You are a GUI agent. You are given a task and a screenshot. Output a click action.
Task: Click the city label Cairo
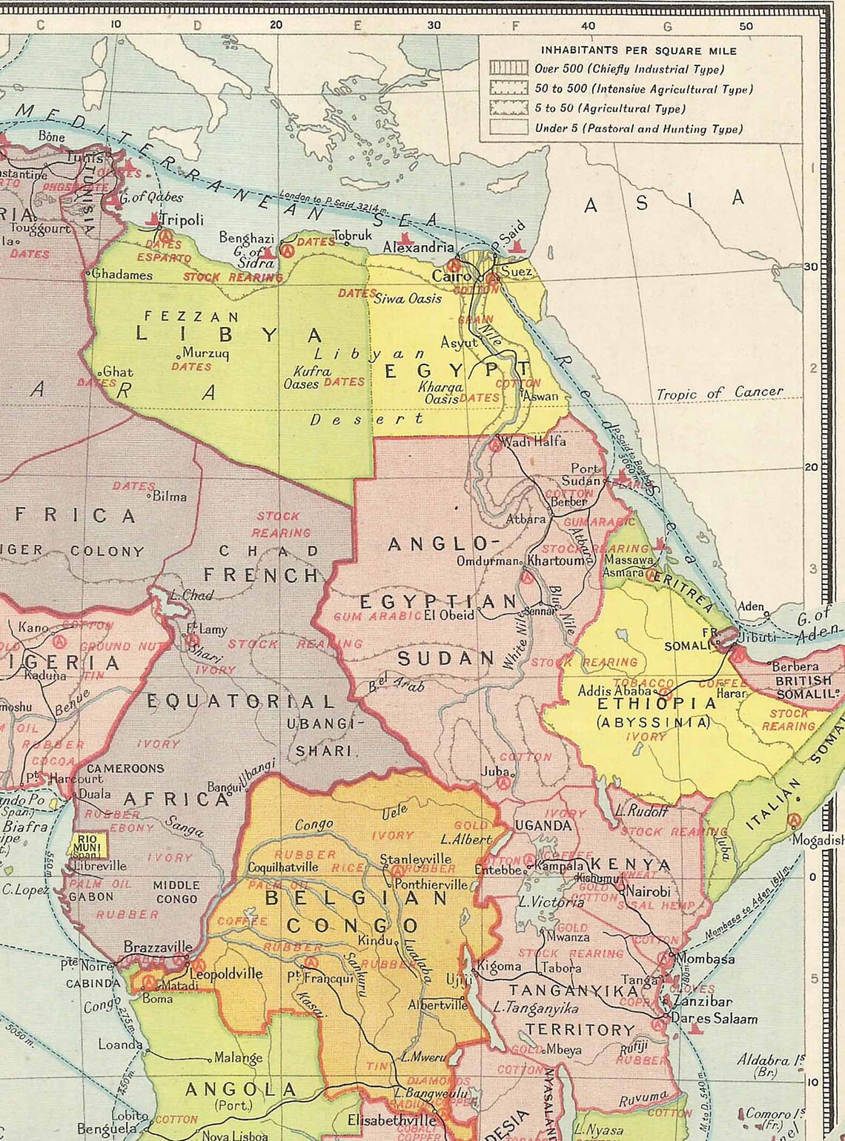pos(451,276)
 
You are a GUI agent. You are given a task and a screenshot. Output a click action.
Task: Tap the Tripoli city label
pos(182,220)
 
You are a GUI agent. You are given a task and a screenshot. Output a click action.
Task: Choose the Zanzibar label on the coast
pos(703,1001)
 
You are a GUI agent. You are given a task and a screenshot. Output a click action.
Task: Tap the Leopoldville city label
pos(226,973)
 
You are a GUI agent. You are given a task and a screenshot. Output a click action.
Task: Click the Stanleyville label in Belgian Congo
pos(415,859)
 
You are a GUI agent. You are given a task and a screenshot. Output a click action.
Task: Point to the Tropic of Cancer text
pos(719,393)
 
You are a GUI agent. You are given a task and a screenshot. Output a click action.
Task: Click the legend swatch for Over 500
pos(508,69)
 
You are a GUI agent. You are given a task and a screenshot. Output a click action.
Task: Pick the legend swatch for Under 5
pos(508,128)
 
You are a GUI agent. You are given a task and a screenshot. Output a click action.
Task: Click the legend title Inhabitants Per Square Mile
pos(638,50)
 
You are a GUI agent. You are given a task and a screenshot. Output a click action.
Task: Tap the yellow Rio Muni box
pos(87,844)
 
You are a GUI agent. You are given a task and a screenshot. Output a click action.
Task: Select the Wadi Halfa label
pos(534,442)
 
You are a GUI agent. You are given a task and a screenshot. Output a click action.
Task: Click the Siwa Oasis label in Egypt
pos(407,299)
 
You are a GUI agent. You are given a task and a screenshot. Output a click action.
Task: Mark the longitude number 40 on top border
pos(588,25)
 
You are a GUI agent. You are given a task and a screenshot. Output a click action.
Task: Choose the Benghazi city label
pos(246,237)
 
